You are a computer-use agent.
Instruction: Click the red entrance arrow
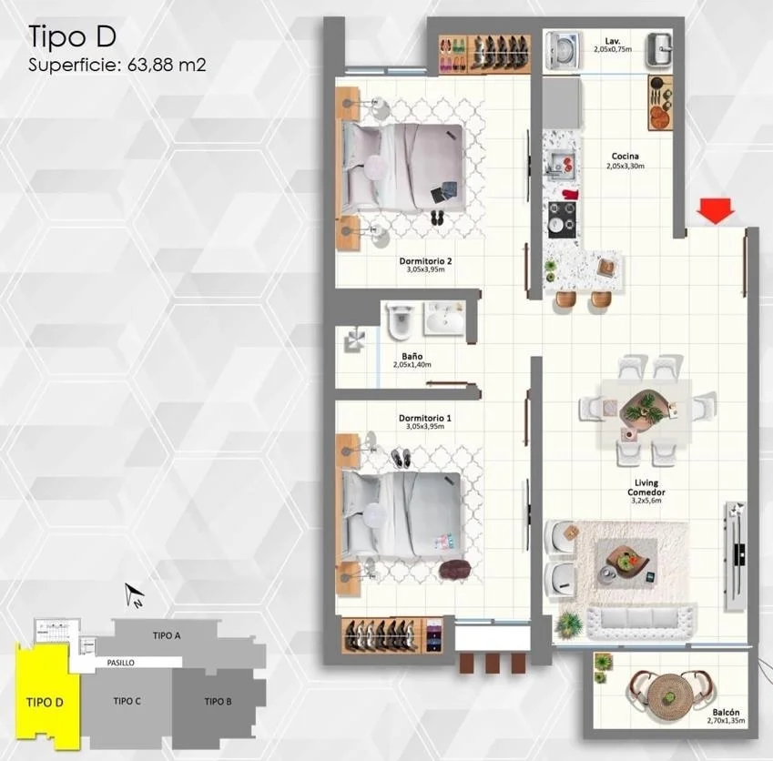[x=716, y=210]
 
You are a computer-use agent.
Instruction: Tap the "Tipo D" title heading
[x=73, y=37]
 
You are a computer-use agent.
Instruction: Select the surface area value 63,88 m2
[x=167, y=65]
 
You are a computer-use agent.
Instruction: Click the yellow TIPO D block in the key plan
[x=46, y=695]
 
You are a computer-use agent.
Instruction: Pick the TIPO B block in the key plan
[x=218, y=701]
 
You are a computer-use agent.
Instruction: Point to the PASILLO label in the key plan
[x=121, y=663]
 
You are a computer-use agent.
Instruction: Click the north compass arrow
[x=134, y=595]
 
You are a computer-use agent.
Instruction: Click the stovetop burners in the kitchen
[x=562, y=219]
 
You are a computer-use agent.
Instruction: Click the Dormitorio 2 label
[x=425, y=261]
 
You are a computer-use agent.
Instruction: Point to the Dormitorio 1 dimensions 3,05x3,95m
[x=425, y=426]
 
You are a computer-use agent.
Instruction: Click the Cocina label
[x=626, y=157]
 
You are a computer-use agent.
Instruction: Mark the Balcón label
[x=726, y=712]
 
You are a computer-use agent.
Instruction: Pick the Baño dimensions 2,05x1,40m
[x=412, y=365]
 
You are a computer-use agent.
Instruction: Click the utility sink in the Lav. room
[x=658, y=49]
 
